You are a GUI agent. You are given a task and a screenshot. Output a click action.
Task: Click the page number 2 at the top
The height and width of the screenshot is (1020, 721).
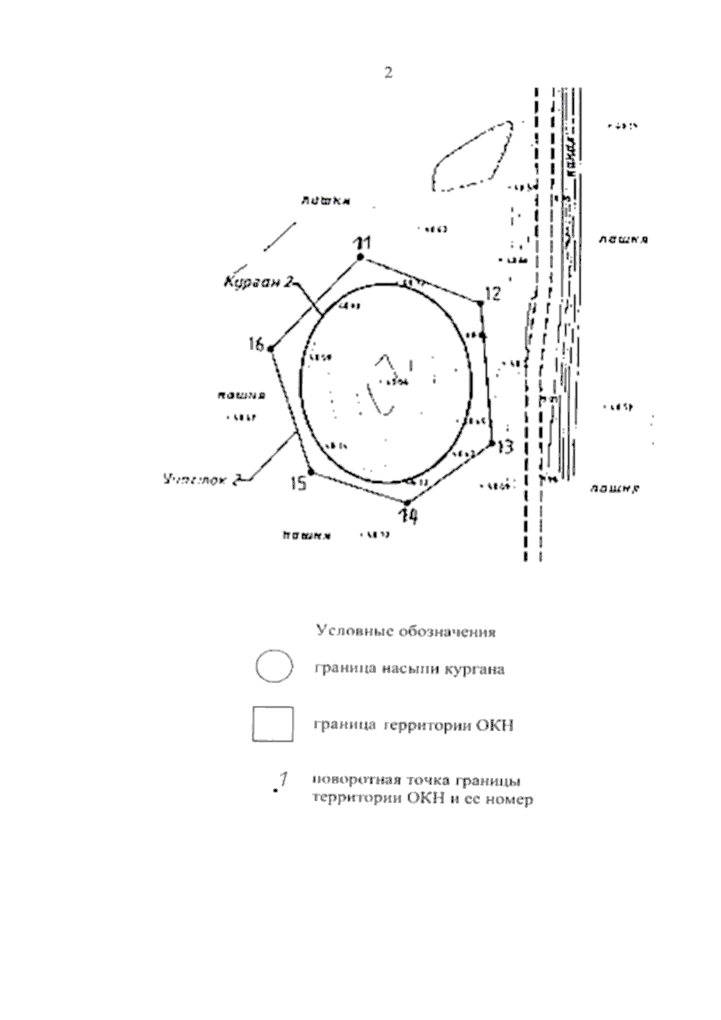tap(388, 73)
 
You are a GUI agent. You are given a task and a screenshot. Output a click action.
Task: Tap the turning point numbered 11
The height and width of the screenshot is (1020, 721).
tap(360, 257)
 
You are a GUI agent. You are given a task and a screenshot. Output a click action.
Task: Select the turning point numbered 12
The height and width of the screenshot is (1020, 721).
tap(479, 304)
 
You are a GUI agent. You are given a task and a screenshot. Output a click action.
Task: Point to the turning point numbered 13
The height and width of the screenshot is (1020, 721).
tap(491, 443)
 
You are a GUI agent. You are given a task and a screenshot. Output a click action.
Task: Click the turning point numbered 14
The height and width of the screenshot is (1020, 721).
tap(407, 502)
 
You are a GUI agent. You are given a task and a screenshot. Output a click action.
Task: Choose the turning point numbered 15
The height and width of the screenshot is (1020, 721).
tap(311, 472)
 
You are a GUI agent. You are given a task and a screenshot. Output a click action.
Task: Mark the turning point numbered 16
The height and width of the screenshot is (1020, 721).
tap(271, 348)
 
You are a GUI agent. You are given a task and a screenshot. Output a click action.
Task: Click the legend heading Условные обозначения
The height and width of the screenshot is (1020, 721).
tap(406, 632)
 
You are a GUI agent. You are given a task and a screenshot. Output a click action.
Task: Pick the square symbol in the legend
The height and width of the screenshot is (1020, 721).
tap(273, 724)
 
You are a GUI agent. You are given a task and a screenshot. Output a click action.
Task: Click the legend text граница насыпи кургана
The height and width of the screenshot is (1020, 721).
tap(409, 669)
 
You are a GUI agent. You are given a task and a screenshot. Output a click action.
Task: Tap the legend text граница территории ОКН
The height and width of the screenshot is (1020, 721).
tap(413, 726)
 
